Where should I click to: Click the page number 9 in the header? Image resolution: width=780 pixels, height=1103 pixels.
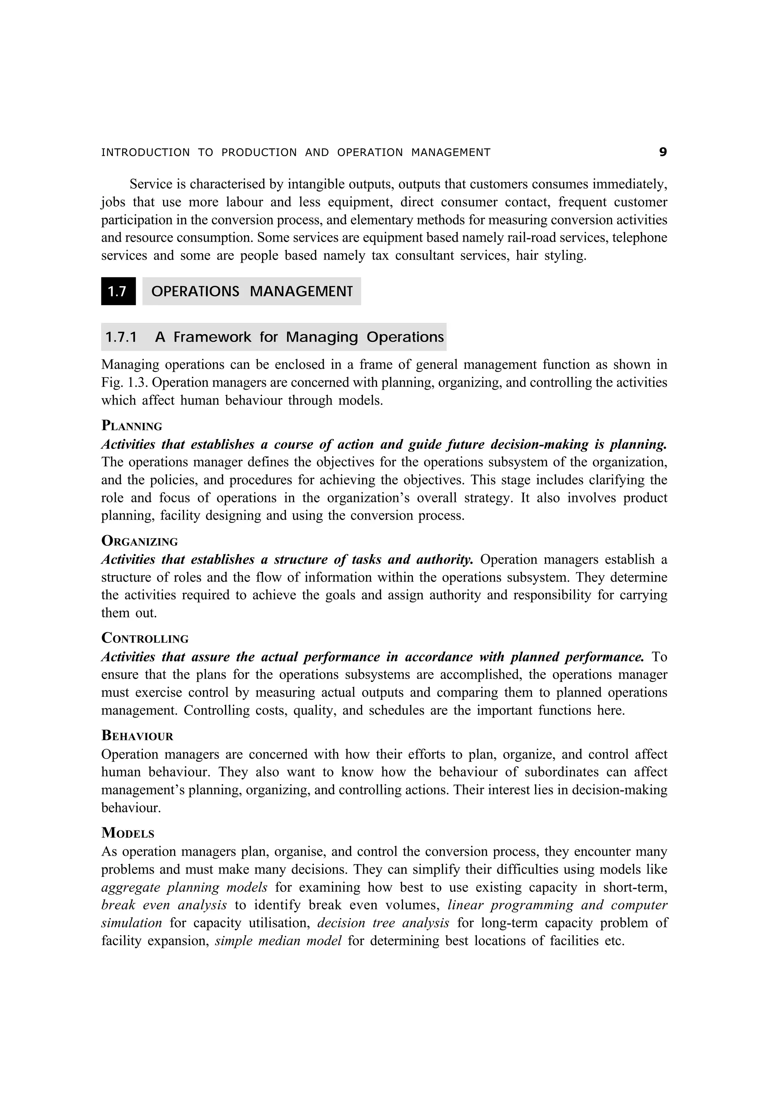click(663, 152)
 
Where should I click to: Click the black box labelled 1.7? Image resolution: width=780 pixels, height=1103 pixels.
click(118, 291)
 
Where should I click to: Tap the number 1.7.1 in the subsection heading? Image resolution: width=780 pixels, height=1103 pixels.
click(121, 337)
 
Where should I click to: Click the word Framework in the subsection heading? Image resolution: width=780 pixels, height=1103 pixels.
click(212, 337)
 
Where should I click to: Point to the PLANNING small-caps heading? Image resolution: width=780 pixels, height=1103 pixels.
click(132, 426)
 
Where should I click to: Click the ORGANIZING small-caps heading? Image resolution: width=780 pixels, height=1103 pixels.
click(139, 541)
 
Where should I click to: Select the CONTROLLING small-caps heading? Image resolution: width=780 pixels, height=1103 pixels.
click(145, 638)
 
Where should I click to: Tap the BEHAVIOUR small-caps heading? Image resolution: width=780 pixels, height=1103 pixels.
click(137, 735)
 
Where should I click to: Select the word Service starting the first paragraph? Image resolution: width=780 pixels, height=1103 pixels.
click(150, 184)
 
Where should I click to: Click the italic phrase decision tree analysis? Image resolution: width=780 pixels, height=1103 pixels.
click(383, 922)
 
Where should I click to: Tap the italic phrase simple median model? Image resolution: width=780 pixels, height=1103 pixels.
click(278, 940)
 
